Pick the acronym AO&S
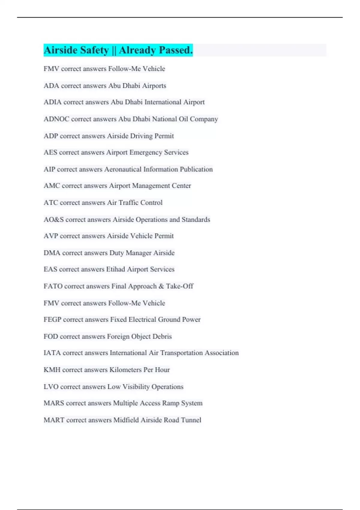coord(53,220)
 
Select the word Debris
coord(162,337)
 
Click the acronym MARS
coord(54,403)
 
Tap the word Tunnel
coord(191,420)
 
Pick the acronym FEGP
coord(52,319)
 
